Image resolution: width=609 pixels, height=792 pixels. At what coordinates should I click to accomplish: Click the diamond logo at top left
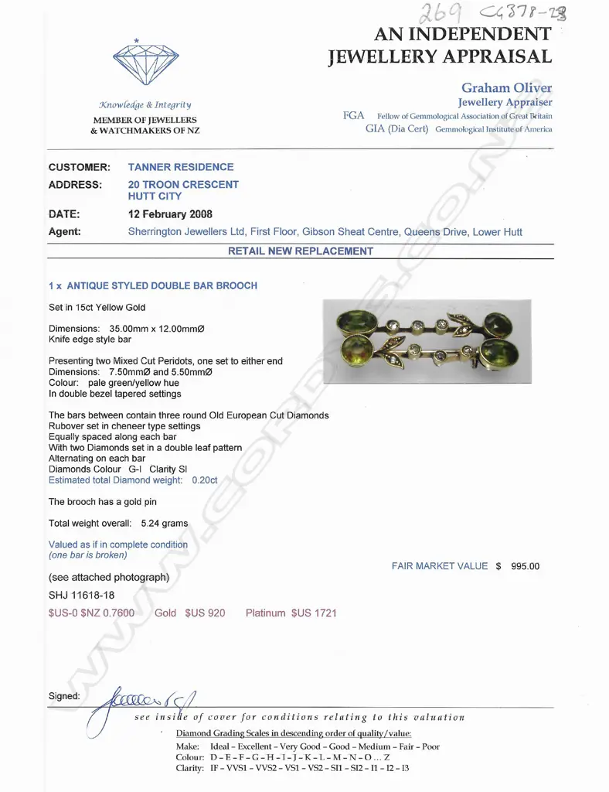point(145,61)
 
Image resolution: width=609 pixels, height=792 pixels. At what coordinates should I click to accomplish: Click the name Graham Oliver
point(506,88)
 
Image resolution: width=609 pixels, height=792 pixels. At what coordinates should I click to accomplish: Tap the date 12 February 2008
point(170,214)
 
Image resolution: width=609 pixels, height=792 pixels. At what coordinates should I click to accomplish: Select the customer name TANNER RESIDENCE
point(180,167)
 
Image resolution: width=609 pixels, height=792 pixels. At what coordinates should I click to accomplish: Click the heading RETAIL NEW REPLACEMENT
point(301,251)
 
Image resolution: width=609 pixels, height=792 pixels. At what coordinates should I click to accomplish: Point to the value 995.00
point(526,566)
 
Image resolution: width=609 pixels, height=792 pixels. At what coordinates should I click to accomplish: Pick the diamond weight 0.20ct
point(205,480)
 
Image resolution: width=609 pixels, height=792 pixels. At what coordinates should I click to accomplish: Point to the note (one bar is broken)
point(87,555)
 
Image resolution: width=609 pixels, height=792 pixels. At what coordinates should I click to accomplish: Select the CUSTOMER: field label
point(80,167)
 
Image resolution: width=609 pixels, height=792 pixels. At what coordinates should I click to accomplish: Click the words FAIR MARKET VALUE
point(440,566)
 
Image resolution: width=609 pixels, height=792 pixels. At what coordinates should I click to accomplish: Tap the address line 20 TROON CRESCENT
point(183,185)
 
